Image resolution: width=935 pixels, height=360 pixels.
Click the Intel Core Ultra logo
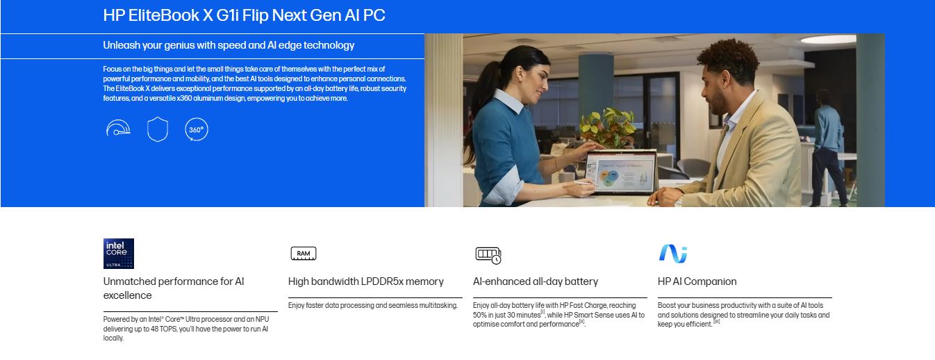[x=119, y=254]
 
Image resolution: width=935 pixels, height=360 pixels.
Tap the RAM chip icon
[x=304, y=254]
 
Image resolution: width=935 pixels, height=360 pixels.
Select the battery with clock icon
[x=488, y=255]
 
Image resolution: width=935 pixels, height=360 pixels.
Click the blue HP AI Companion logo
[x=673, y=254]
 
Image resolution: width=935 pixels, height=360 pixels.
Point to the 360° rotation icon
[x=196, y=129]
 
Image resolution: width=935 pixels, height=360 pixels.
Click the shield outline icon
[x=158, y=129]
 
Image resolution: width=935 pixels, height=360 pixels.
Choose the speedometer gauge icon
[x=118, y=128]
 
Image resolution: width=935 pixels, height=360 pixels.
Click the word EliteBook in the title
[x=164, y=15]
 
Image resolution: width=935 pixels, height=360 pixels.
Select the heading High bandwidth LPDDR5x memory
[x=365, y=281]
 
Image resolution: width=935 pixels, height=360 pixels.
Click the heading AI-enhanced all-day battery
[x=536, y=282]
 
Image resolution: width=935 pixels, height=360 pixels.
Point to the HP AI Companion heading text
[x=697, y=282]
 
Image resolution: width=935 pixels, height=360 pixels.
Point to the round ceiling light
[x=828, y=40]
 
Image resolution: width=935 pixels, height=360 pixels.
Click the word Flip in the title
[x=256, y=15]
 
